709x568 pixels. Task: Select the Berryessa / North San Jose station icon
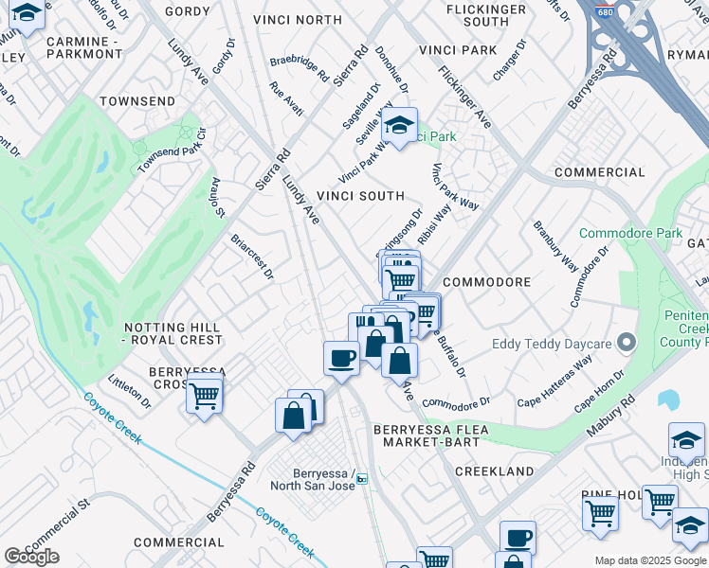362,480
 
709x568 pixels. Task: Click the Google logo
31,557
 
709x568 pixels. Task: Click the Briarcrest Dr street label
252,257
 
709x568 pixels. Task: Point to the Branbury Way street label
555,245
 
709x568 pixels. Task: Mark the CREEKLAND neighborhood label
494,470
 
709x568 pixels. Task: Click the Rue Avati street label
286,99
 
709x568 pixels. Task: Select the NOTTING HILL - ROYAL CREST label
173,332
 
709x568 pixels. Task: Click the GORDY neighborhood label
187,11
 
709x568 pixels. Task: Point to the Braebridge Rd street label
299,67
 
